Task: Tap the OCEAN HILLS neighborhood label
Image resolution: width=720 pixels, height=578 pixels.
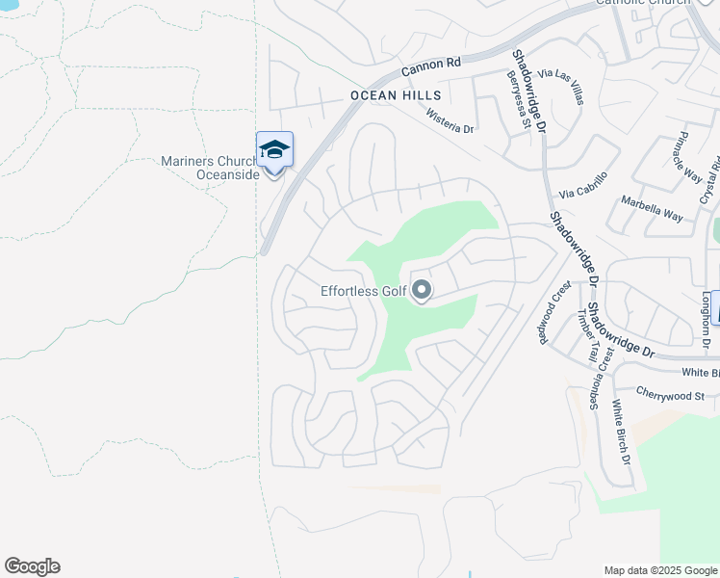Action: point(396,95)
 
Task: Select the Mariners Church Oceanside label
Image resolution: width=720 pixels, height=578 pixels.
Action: point(211,168)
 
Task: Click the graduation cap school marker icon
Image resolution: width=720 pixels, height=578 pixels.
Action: point(274,149)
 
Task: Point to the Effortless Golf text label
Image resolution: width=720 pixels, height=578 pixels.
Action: point(362,291)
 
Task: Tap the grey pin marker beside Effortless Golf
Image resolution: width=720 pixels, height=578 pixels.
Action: point(421,290)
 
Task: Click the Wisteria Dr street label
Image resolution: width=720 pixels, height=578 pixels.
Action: point(450,121)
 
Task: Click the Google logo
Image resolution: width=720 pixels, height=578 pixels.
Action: point(32,566)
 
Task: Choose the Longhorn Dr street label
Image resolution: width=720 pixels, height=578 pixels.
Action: point(707,320)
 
